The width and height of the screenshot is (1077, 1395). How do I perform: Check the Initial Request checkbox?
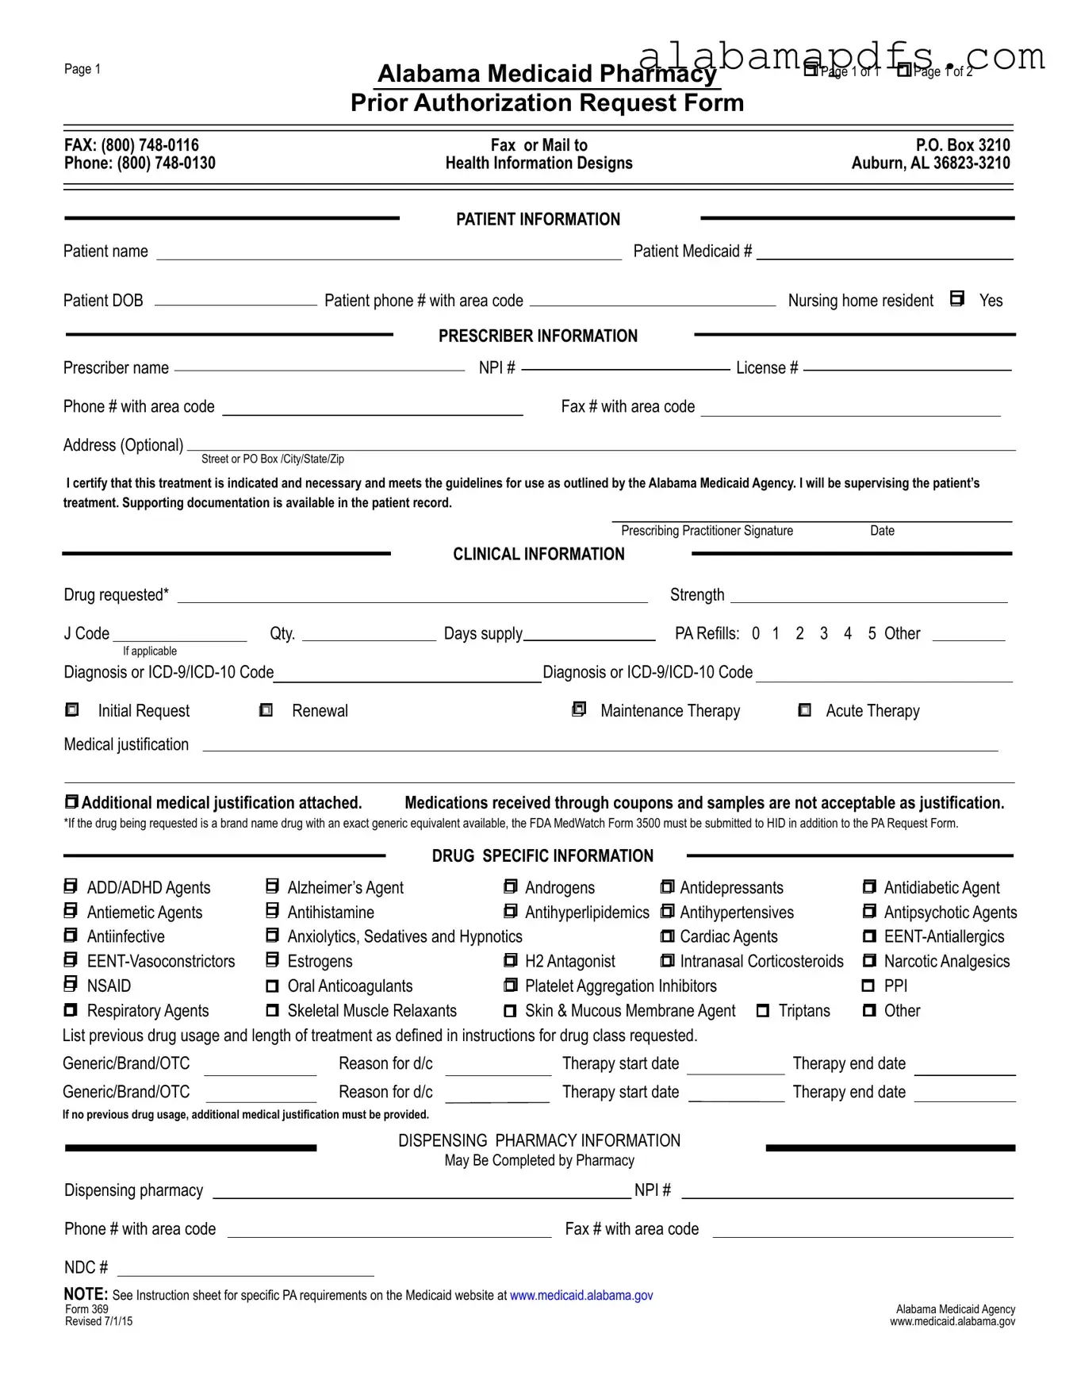click(71, 709)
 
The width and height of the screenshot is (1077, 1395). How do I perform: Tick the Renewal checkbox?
click(266, 709)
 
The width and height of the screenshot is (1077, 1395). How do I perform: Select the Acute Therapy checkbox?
click(804, 709)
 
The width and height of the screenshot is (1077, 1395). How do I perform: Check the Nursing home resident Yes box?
click(957, 299)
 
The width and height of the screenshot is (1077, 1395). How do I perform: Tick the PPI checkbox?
click(869, 986)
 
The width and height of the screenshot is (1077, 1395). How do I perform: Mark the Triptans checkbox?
click(763, 1011)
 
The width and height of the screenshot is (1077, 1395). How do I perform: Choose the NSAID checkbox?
click(71, 985)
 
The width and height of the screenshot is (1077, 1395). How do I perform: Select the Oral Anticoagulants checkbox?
click(273, 986)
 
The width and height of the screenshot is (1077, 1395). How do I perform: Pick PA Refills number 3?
click(824, 633)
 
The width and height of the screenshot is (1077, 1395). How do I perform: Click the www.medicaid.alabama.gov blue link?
click(581, 1295)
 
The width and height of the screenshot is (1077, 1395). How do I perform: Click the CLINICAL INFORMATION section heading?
click(538, 554)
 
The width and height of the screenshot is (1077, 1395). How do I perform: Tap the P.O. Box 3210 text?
click(963, 145)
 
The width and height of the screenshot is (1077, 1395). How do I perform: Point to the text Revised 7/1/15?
click(98, 1321)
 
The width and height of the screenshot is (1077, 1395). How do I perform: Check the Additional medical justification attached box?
click(71, 802)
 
